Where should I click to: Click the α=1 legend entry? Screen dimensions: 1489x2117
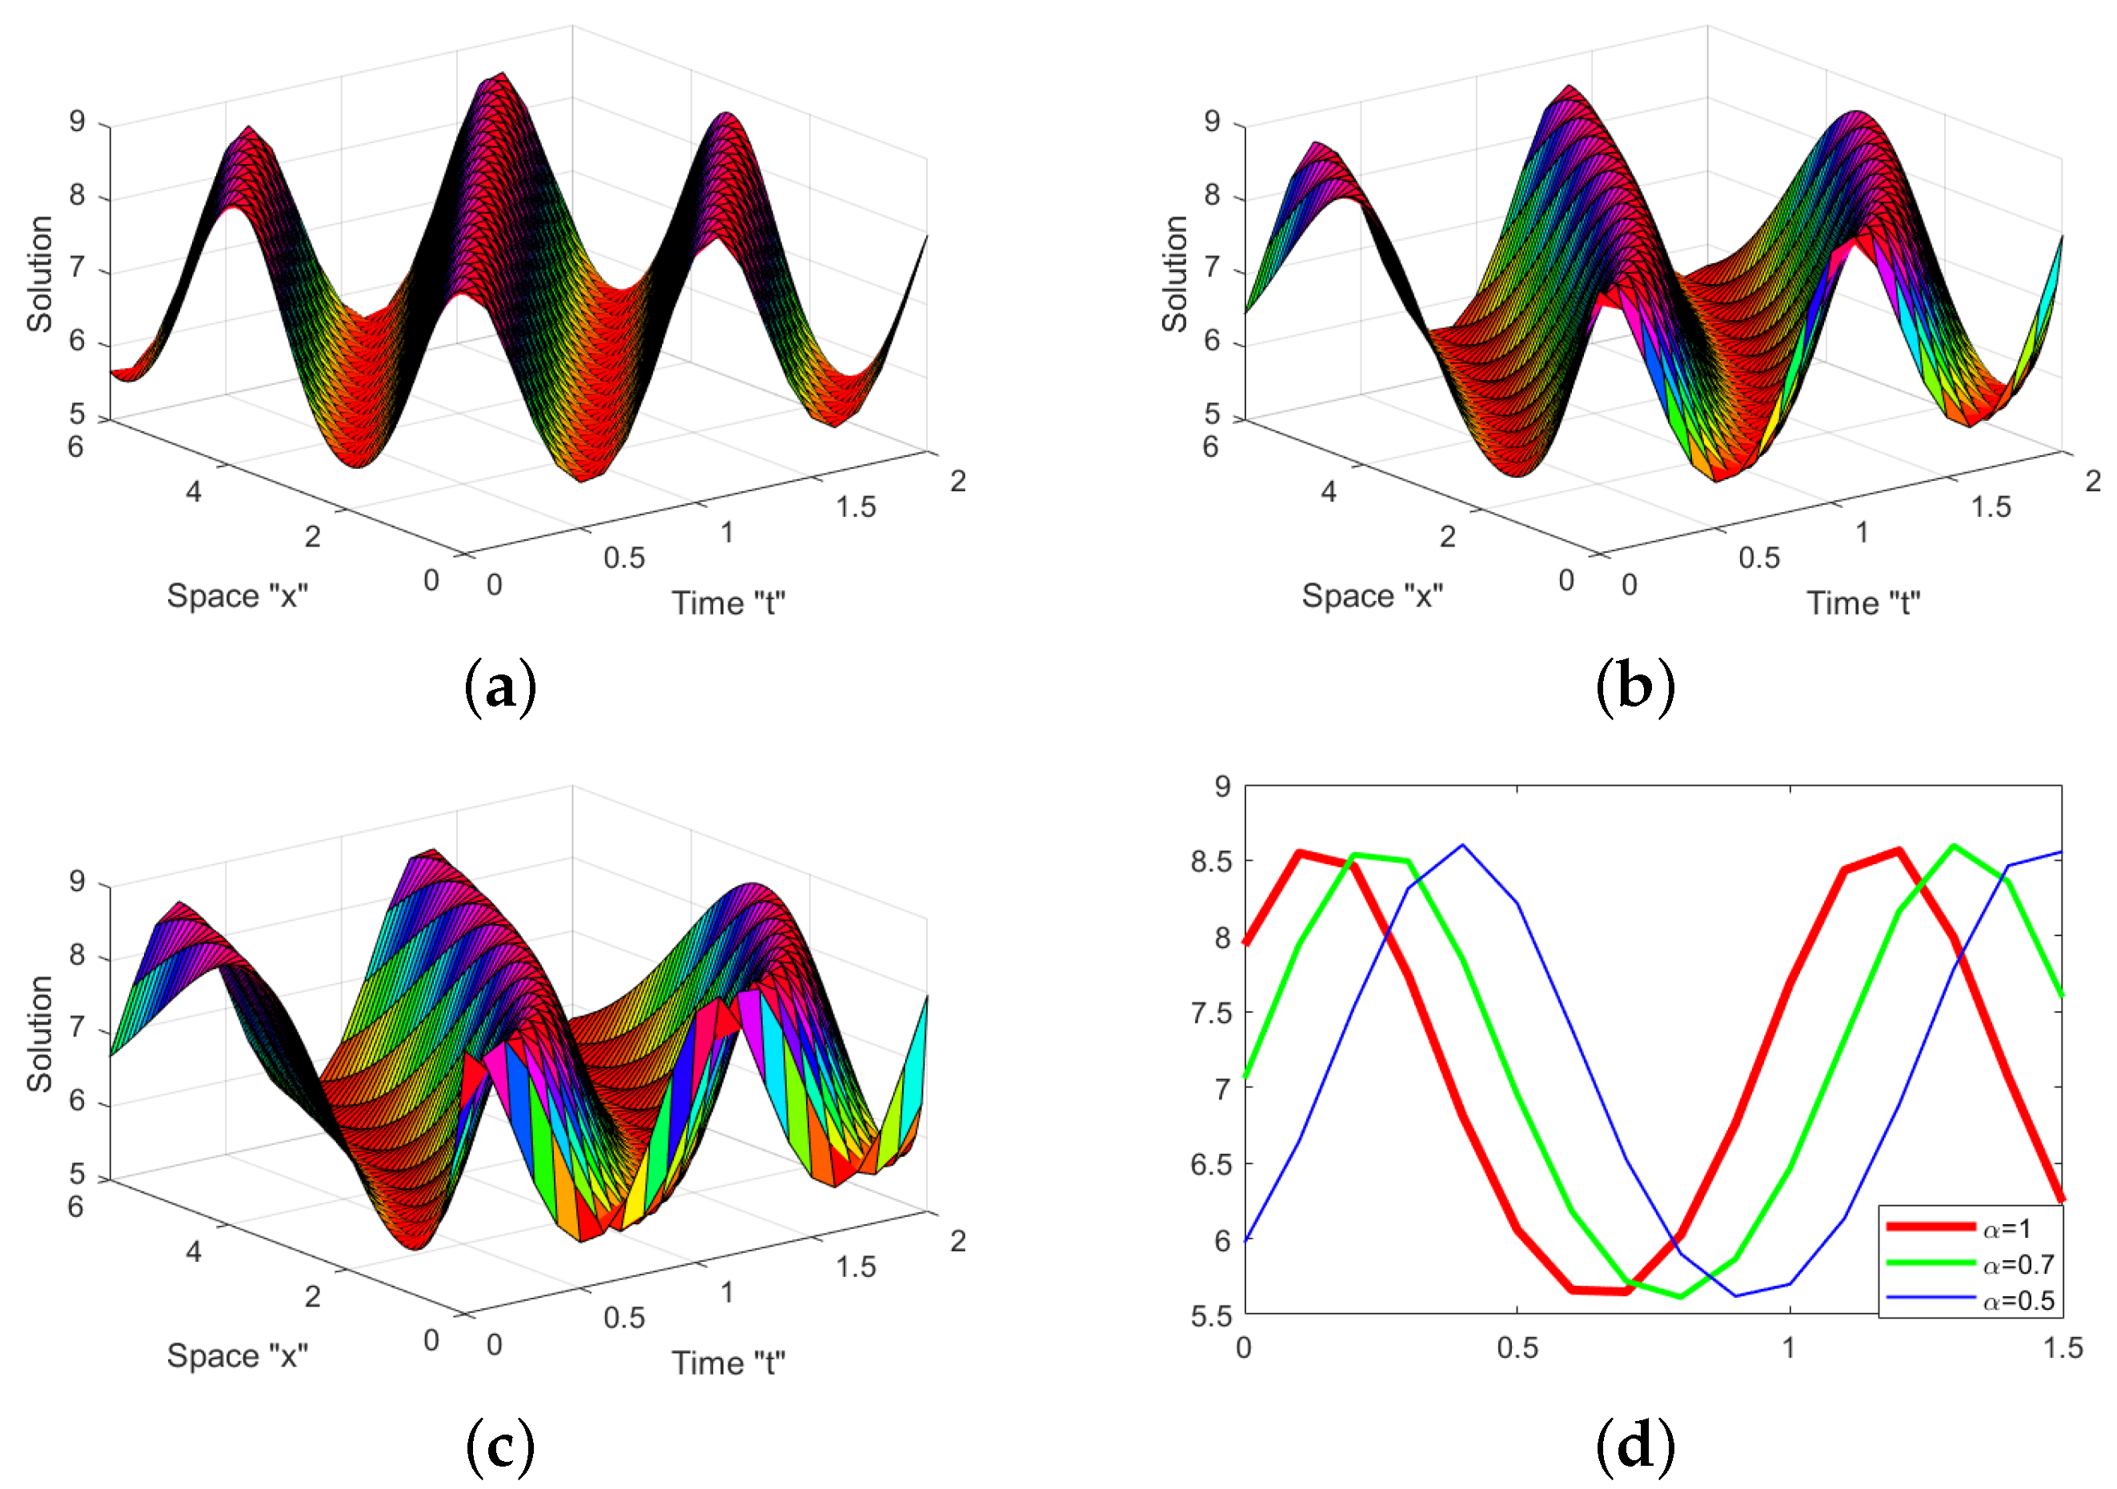click(x=2007, y=1228)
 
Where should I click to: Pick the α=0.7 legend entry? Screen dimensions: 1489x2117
click(x=2018, y=1264)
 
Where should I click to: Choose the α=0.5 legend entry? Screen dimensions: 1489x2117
click(x=2018, y=1300)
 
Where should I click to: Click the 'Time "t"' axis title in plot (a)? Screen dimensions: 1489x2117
click(x=728, y=603)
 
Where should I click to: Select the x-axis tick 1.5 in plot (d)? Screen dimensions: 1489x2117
click(x=2063, y=1348)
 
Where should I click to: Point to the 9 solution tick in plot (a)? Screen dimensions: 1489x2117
click(x=78, y=122)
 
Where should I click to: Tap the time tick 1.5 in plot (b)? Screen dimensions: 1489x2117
click(x=1991, y=506)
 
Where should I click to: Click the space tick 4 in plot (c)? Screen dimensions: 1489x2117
click(x=193, y=1251)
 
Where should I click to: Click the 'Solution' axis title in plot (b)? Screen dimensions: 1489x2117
click(x=1175, y=274)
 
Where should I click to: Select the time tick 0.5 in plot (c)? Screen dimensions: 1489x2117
click(x=624, y=1318)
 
